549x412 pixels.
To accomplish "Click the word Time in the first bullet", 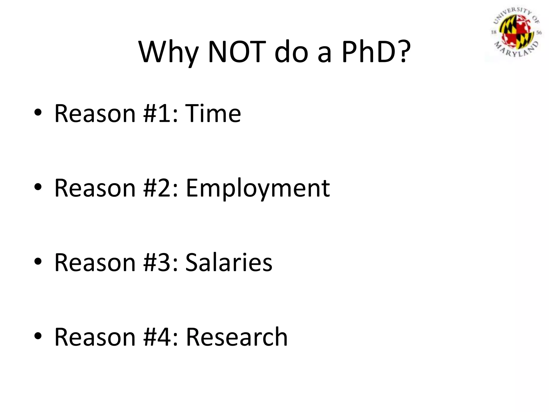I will click(x=213, y=113).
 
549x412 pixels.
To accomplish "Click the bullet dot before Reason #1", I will click(x=38, y=113).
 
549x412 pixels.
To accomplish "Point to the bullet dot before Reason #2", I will click(x=38, y=187).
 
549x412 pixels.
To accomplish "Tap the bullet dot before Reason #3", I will click(x=38, y=262).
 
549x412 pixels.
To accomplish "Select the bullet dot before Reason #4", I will click(x=38, y=336).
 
